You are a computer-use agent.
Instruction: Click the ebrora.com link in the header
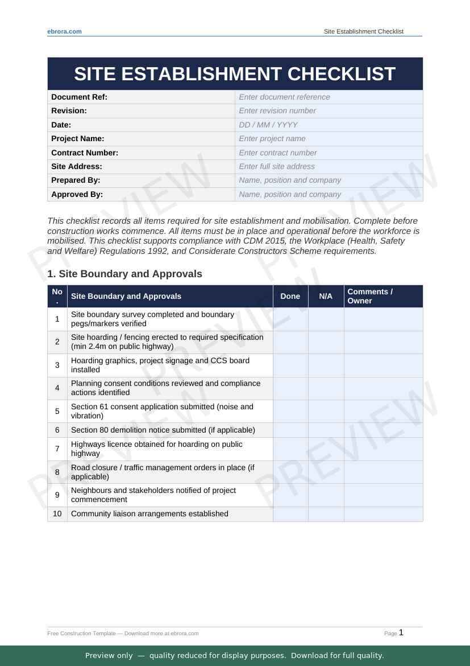click(64, 31)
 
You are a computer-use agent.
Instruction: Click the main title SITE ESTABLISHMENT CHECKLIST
click(235, 74)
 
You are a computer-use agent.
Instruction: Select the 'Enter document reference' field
click(328, 97)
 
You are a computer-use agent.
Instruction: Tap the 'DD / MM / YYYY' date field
click(328, 125)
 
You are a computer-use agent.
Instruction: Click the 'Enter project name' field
click(328, 138)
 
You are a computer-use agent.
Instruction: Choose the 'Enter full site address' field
click(328, 166)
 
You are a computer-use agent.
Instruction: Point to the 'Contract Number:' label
click(85, 153)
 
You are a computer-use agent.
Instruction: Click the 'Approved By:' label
click(77, 194)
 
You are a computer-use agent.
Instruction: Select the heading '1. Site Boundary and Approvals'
click(124, 274)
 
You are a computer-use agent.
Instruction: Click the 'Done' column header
click(290, 296)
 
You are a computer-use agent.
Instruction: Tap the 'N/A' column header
click(326, 296)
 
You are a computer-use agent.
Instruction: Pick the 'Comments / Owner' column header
click(382, 296)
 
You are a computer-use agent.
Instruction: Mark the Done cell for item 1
click(290, 319)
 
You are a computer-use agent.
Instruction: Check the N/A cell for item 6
click(326, 430)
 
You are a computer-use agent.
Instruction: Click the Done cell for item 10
click(290, 513)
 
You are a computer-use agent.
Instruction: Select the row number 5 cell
click(57, 411)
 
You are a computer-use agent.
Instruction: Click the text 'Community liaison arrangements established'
click(149, 513)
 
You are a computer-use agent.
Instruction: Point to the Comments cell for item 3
click(383, 365)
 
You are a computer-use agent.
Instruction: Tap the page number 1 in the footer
click(401, 632)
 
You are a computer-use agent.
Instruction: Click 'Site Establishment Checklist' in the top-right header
click(363, 31)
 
